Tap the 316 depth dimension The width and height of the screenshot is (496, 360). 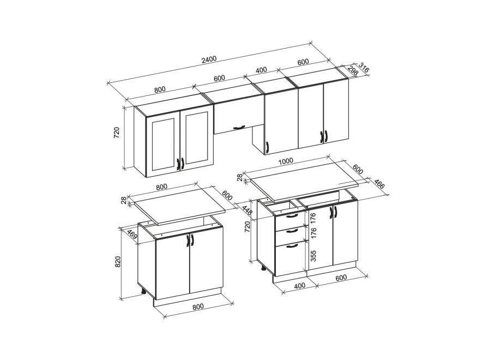(364, 68)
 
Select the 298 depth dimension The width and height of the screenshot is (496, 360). (353, 71)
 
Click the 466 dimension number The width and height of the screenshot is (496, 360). (379, 184)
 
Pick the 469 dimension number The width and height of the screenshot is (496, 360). (132, 235)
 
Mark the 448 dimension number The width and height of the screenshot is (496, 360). (247, 210)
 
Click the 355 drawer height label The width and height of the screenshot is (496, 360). (313, 256)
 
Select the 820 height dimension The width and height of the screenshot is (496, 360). (118, 262)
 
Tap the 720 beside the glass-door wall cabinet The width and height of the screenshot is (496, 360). (117, 133)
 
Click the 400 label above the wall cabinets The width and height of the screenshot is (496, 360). (261, 70)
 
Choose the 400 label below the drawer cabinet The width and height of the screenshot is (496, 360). (300, 285)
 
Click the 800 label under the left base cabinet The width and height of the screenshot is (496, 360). (198, 306)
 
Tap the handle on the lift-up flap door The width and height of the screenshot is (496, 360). (239, 127)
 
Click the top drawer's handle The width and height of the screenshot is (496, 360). (292, 216)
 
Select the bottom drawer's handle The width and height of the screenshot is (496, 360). (292, 245)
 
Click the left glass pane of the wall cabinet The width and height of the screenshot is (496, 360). (164, 145)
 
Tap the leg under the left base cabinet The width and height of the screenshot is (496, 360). (143, 292)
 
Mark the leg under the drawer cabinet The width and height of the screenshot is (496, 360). (263, 269)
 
